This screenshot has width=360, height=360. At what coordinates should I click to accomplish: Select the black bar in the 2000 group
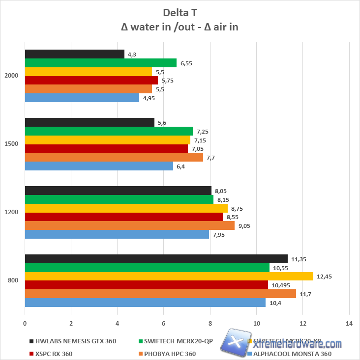[74, 54]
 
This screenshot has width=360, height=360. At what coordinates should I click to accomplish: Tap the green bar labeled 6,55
[100, 63]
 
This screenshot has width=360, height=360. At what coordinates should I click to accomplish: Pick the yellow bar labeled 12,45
[169, 277]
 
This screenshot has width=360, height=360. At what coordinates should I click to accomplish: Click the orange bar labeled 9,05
[129, 225]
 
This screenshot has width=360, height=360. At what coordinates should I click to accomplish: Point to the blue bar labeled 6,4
[99, 166]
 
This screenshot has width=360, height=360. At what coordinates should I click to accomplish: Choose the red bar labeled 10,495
[146, 285]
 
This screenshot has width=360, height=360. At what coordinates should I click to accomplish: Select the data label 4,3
[132, 54]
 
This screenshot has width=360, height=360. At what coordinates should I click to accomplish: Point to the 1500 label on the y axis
[11, 144]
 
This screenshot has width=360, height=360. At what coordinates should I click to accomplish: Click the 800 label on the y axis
[13, 280]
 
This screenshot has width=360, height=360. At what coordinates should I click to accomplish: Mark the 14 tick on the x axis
[349, 324]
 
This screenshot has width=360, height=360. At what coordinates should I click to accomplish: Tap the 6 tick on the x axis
[164, 324]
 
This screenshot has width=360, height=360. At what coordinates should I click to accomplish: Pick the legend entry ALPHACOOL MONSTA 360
[293, 354]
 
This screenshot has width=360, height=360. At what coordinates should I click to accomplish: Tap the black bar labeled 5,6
[90, 122]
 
